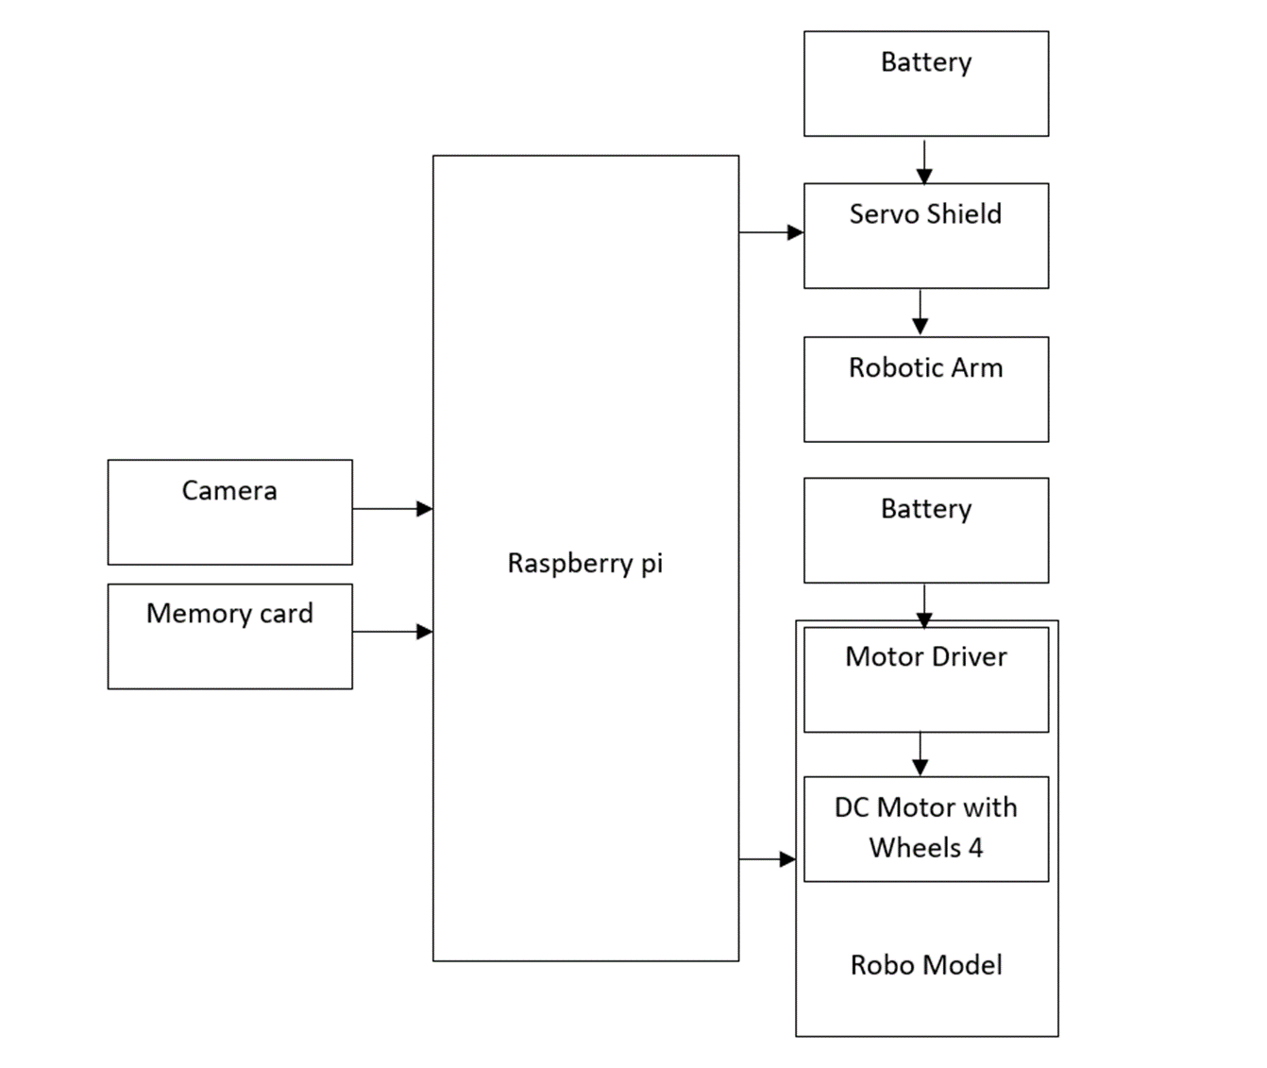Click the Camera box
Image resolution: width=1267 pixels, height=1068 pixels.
point(229,512)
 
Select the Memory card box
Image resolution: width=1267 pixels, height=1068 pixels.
point(229,636)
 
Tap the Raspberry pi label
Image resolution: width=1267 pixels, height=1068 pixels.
point(584,563)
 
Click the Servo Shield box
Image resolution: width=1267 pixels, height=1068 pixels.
point(925,235)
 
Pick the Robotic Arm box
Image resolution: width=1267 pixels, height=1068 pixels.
point(925,389)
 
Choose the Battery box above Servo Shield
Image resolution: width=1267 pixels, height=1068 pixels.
point(925,83)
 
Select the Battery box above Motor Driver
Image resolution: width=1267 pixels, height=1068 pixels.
point(925,530)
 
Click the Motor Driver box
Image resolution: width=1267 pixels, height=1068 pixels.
point(925,679)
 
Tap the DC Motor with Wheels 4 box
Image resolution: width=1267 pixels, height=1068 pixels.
point(925,828)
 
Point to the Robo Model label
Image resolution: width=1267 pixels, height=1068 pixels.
point(925,964)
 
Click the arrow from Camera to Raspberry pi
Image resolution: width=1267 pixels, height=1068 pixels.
point(392,509)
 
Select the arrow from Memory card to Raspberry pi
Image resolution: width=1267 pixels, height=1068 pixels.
point(392,632)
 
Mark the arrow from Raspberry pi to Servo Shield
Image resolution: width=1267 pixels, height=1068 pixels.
point(770,232)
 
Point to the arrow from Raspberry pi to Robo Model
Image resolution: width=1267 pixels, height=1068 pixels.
point(767,859)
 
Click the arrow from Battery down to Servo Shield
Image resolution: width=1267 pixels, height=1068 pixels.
point(924,161)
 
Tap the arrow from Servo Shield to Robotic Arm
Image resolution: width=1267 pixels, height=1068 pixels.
point(921,312)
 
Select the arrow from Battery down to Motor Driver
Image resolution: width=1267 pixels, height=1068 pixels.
point(924,605)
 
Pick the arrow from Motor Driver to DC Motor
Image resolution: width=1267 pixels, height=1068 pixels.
point(921,754)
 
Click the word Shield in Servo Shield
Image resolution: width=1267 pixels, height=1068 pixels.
point(962,214)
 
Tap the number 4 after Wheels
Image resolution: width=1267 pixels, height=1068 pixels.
point(975,848)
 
